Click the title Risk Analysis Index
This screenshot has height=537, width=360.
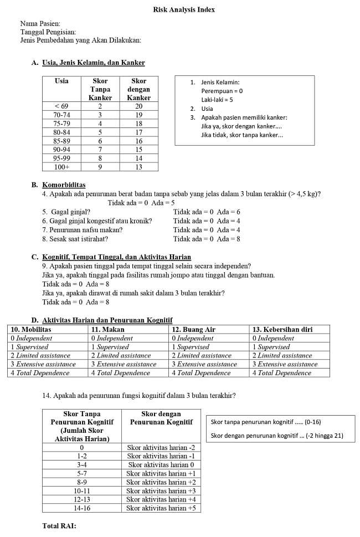[x=184, y=9]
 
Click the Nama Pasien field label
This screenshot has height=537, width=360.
[x=40, y=24]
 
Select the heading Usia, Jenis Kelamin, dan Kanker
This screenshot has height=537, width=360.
[x=93, y=63]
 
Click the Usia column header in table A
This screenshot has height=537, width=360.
[x=61, y=81]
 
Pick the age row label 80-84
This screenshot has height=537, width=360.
[x=61, y=132]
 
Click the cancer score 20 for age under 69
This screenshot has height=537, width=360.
[x=138, y=106]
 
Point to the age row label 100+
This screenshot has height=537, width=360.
[x=61, y=167]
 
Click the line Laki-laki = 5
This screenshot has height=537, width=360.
[x=217, y=100]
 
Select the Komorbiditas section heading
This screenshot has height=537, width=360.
[x=64, y=185]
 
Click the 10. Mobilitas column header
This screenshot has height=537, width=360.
[x=31, y=329]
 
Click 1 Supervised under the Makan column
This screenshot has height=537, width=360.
[x=110, y=347]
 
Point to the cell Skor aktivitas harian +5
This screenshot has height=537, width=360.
[x=161, y=508]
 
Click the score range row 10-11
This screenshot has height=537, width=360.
[x=81, y=490]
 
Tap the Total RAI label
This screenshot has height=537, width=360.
[x=59, y=525]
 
